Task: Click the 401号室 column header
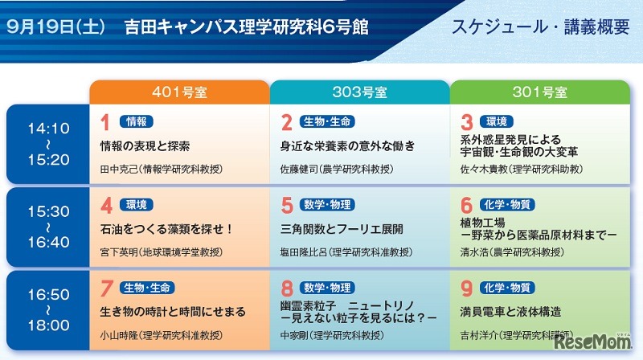[x=178, y=92]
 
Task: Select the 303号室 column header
[x=359, y=92]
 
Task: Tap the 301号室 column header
[x=539, y=92]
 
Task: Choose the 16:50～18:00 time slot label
[x=48, y=311]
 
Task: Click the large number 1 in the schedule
[x=104, y=122]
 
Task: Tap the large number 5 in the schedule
[x=286, y=205]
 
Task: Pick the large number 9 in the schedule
[x=466, y=288]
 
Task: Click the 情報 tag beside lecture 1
[x=137, y=121]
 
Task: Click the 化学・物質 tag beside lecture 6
[x=506, y=204]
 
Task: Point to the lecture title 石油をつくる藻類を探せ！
[x=166, y=229]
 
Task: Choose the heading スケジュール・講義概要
[x=540, y=27]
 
